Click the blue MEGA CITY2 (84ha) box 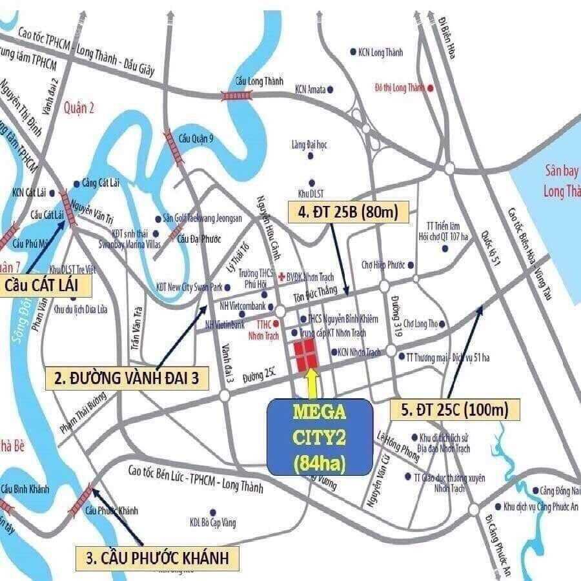[x=320, y=437]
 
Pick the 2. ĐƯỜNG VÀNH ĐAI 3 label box [x=126, y=379]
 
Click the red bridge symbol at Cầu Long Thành [x=231, y=96]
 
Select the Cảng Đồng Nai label [x=559, y=491]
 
